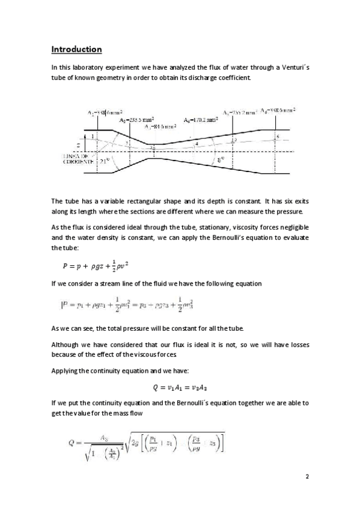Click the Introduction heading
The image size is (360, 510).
click(76, 49)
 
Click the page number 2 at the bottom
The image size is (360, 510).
click(307, 477)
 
